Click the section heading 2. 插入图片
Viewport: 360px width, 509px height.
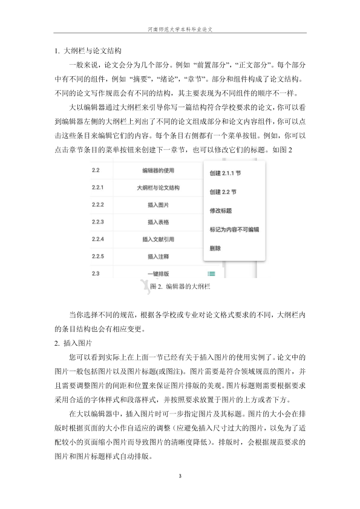71,343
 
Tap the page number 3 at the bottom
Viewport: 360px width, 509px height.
180,476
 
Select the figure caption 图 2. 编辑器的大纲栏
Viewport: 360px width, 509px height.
180,286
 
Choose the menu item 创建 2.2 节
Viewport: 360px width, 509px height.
222,192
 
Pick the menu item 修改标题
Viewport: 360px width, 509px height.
220,211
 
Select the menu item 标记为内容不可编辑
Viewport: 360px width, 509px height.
234,230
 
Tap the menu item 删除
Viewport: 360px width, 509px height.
215,248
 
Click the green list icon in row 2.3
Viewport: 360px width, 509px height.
211,274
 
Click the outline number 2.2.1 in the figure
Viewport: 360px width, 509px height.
98,187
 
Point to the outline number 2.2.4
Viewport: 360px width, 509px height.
98,239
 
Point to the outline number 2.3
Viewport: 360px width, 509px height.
96,274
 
